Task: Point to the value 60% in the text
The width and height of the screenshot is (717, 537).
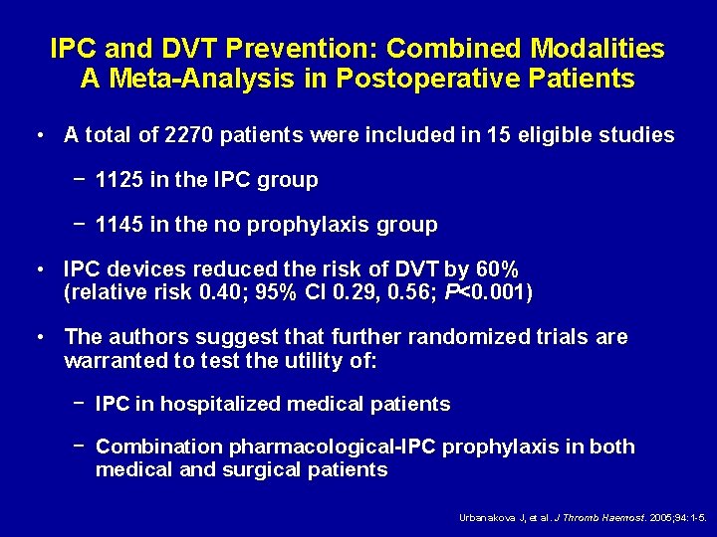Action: (497, 270)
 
